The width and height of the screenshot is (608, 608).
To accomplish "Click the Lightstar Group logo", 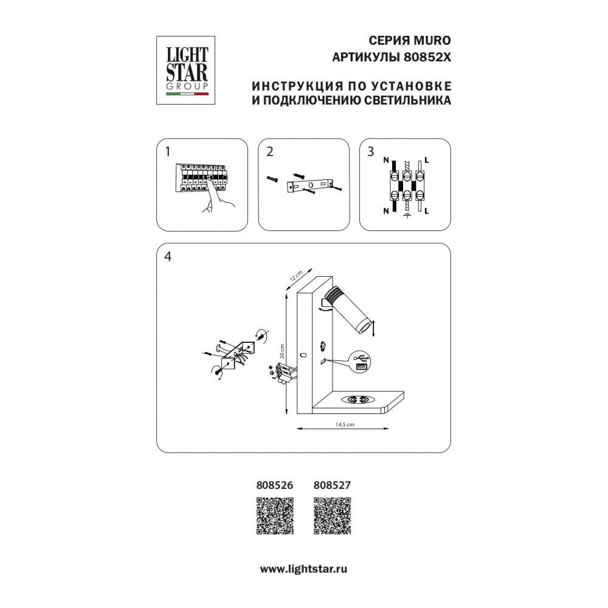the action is point(185,70).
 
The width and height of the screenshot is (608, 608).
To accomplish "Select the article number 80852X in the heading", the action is point(427,57).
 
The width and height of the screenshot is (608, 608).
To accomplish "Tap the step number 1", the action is point(168,151).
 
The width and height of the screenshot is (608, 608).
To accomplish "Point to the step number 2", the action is point(270,151).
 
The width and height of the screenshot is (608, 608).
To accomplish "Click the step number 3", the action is point(371,151).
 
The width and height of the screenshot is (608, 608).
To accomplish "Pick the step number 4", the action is point(168,257).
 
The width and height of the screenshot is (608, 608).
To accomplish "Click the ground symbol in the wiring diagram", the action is point(407,215).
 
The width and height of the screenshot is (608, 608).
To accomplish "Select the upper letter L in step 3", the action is point(427,160).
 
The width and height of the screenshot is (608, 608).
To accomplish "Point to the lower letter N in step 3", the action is point(386,211).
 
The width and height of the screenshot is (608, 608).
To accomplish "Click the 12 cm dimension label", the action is point(296,275).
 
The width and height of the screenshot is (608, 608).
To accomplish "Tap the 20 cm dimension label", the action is point(282,351).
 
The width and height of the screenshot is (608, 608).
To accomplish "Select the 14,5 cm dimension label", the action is point(344,424).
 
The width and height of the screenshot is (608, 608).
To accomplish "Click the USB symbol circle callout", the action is point(361,361).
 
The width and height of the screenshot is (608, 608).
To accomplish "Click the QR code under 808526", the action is point(275,516).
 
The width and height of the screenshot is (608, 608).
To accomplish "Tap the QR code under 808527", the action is point(333,516).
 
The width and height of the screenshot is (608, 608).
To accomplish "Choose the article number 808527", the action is point(332,485).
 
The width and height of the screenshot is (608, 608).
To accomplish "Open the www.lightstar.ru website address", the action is point(303,569).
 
